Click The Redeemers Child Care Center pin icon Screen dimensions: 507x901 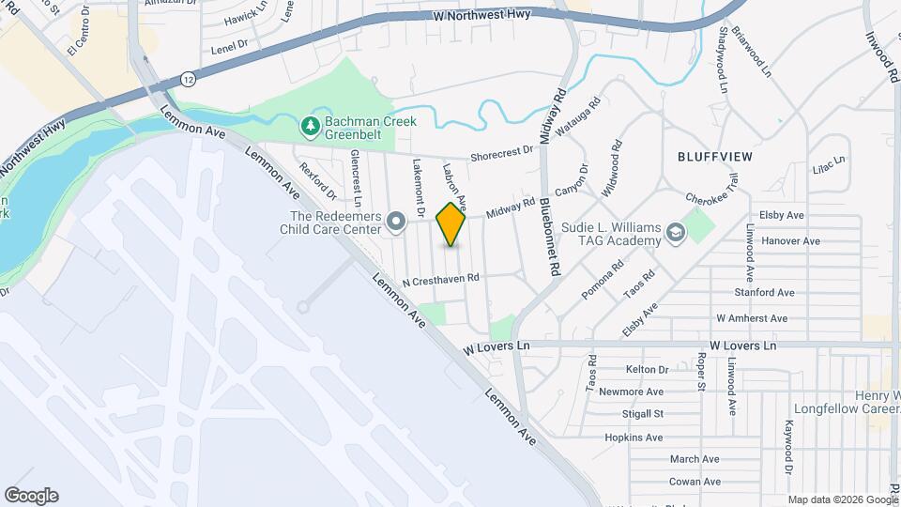click(396, 223)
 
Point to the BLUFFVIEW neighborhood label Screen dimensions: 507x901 click(716, 156)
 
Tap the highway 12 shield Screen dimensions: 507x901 click(191, 79)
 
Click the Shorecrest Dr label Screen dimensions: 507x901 click(501, 153)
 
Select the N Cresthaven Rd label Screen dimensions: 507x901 click(440, 279)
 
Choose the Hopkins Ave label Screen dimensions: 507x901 click(634, 438)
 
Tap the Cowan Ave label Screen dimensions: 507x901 click(694, 482)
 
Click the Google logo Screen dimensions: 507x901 click(31, 496)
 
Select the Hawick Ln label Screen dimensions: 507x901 click(247, 16)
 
